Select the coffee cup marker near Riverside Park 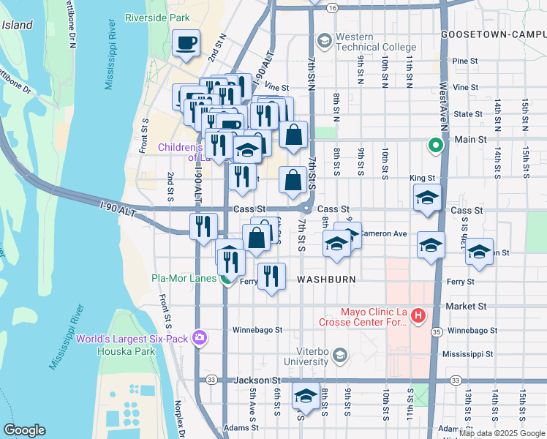point(186,43)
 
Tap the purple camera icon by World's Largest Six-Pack point(198,337)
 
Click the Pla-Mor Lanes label point(184,278)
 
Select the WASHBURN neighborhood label point(326,280)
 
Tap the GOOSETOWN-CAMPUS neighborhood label point(494,34)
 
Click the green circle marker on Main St point(435,145)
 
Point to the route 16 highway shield point(332,7)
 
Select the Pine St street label point(464,61)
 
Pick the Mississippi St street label point(472,354)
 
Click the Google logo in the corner point(24,430)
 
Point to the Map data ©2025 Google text point(502,433)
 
